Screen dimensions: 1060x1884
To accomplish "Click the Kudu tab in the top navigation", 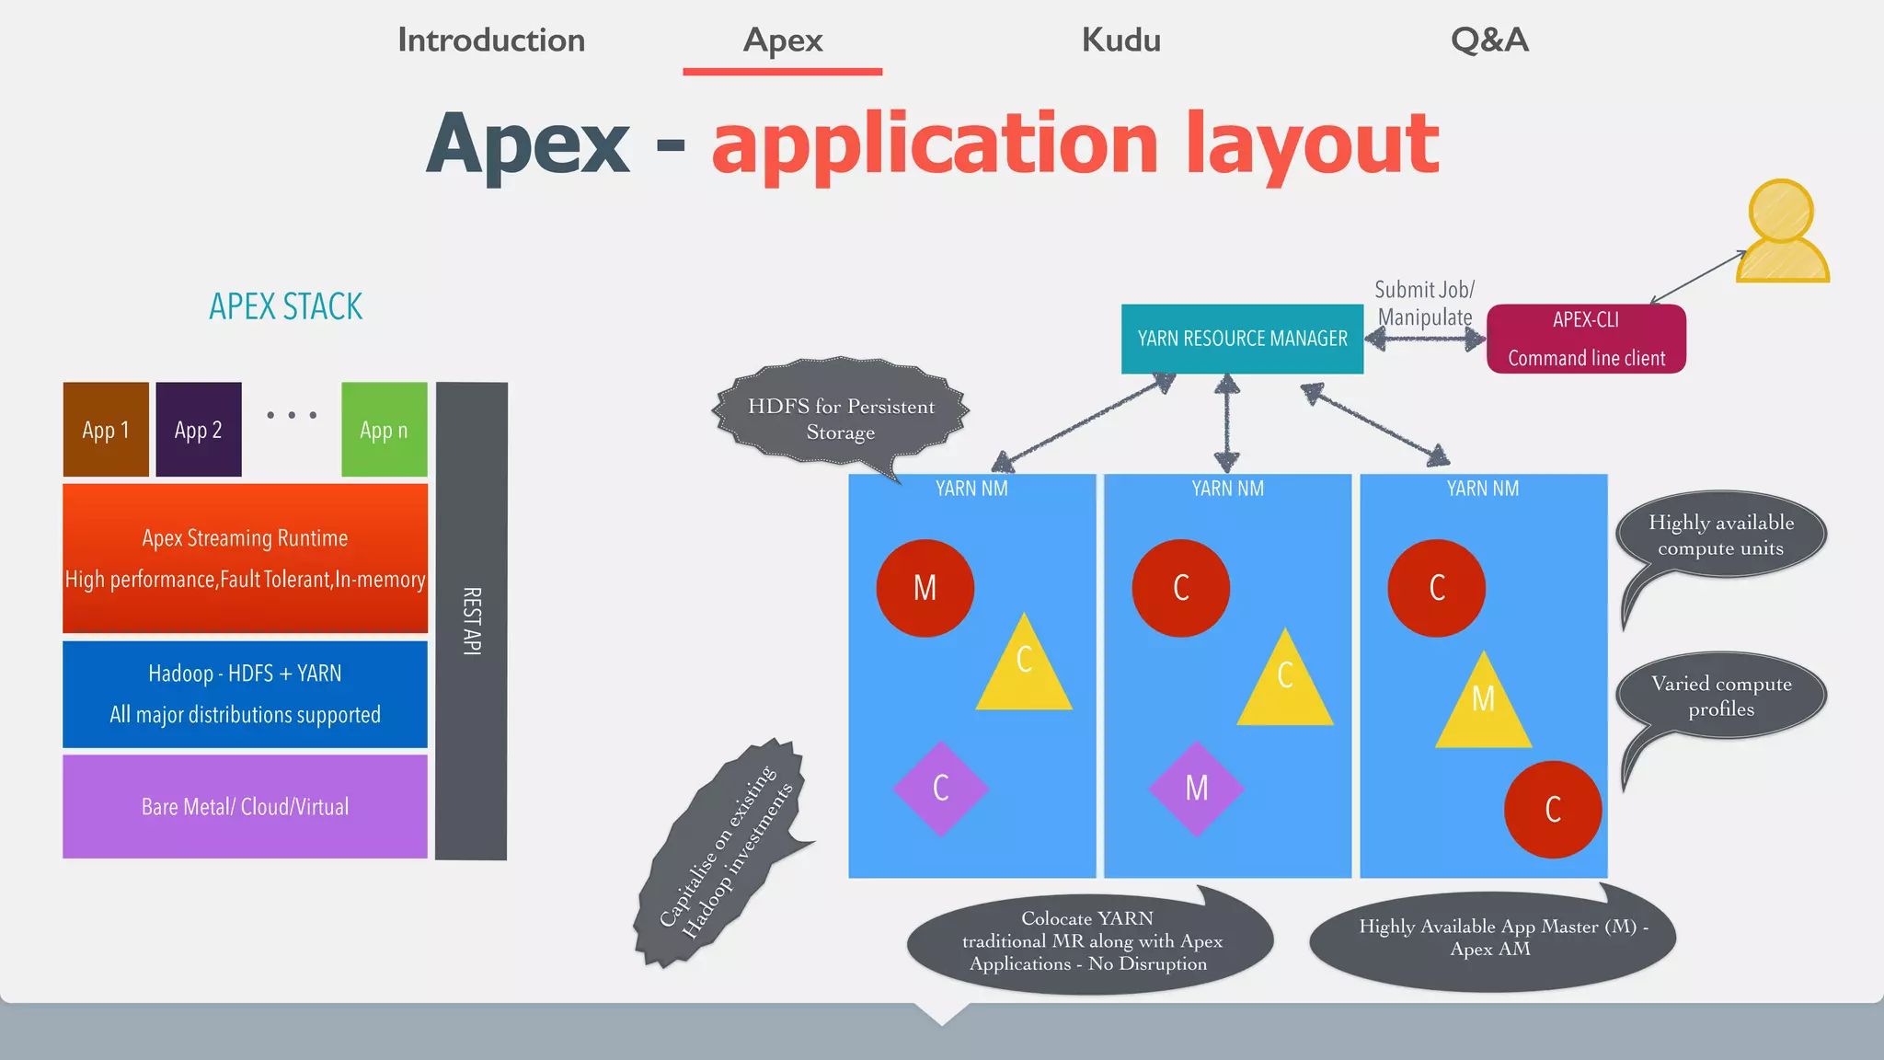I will tap(1120, 40).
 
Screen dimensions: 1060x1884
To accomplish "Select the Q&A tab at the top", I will tap(1489, 40).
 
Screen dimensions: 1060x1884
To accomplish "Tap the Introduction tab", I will tap(491, 40).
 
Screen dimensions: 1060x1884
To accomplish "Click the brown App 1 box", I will tap(106, 430).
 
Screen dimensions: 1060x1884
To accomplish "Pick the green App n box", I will tap(384, 430).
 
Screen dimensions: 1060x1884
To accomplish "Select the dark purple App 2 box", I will tap(199, 430).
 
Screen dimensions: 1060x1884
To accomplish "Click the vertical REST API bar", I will tap(471, 621).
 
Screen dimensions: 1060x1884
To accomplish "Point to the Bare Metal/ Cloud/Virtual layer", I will tap(245, 807).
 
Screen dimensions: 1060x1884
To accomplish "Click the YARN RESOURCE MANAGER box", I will tap(1242, 339).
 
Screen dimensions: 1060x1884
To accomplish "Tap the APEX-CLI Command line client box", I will tap(1586, 339).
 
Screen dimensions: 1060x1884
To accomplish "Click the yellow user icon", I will tap(1782, 235).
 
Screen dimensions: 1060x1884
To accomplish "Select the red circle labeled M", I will tap(925, 588).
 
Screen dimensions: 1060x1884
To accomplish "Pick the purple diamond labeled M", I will tap(1196, 789).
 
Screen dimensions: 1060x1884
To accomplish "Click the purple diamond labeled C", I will tap(940, 789).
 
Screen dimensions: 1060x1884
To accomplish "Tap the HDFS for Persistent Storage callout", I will tap(841, 411).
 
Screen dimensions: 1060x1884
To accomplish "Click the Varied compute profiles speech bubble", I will tap(1721, 697).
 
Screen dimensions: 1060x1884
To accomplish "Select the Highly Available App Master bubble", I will tap(1490, 939).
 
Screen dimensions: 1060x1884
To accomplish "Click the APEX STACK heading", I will tap(285, 306).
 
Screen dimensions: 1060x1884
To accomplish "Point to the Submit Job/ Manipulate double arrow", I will tap(1424, 340).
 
